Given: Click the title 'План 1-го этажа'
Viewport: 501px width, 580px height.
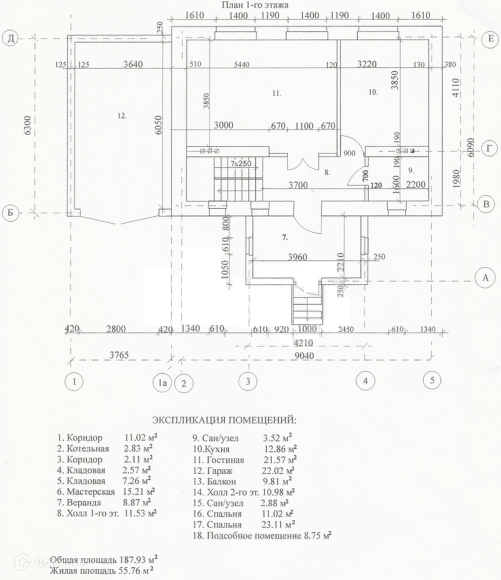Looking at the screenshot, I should click(x=255, y=5).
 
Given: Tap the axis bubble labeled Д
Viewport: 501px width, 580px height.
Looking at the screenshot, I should click(x=10, y=39).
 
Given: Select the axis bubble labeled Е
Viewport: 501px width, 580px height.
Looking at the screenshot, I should click(x=489, y=39).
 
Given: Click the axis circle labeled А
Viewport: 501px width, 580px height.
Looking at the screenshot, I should click(x=485, y=277).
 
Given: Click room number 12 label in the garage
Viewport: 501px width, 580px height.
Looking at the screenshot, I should click(x=122, y=116).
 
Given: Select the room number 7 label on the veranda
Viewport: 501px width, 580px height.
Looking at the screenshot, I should click(x=285, y=237).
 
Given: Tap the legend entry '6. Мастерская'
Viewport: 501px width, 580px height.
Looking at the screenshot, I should click(x=87, y=491).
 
